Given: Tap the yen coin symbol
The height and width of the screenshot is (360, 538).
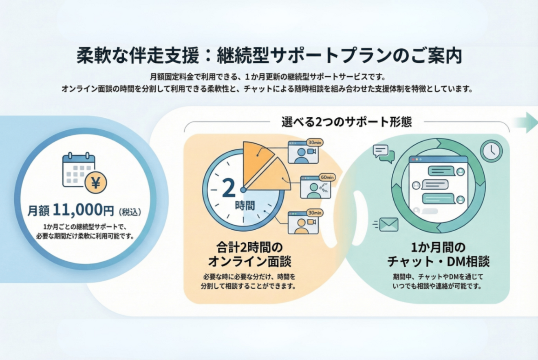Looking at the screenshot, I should (96, 182).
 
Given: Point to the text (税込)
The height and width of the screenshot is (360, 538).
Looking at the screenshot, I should (130, 211).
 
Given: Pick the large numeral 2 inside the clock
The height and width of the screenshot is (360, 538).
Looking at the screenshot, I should (229, 189).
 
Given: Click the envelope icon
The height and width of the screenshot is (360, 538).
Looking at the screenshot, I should (388, 224).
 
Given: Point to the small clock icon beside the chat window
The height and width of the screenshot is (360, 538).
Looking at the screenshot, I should (491, 151).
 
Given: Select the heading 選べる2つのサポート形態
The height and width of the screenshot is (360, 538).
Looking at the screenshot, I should (346, 122).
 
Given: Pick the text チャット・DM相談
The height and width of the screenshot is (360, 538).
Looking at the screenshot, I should (438, 261).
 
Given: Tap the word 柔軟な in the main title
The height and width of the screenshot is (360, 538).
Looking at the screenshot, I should (102, 56).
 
